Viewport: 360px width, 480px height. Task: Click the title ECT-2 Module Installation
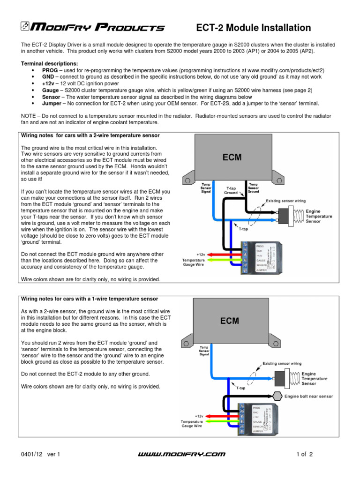[x=253, y=28]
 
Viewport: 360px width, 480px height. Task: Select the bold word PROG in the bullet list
[x=50, y=70]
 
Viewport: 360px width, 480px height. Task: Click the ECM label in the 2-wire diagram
[x=232, y=157]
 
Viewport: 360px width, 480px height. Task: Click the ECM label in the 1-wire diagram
[x=230, y=321]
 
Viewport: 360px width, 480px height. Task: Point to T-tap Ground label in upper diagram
[x=231, y=191]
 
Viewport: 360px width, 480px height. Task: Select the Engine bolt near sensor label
[x=308, y=396]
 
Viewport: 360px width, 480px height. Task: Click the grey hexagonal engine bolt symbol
[x=275, y=396]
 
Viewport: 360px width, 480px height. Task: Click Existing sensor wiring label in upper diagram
[x=286, y=201]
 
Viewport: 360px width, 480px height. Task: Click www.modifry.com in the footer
[x=183, y=454]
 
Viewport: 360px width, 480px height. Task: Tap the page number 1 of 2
[x=304, y=454]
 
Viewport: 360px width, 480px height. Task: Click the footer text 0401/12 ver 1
[x=41, y=454]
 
